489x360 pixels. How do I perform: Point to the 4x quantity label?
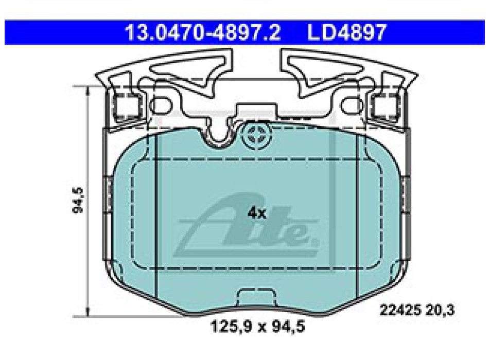pyautogui.click(x=256, y=213)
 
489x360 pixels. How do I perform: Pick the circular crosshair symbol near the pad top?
pyautogui.click(x=255, y=137)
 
